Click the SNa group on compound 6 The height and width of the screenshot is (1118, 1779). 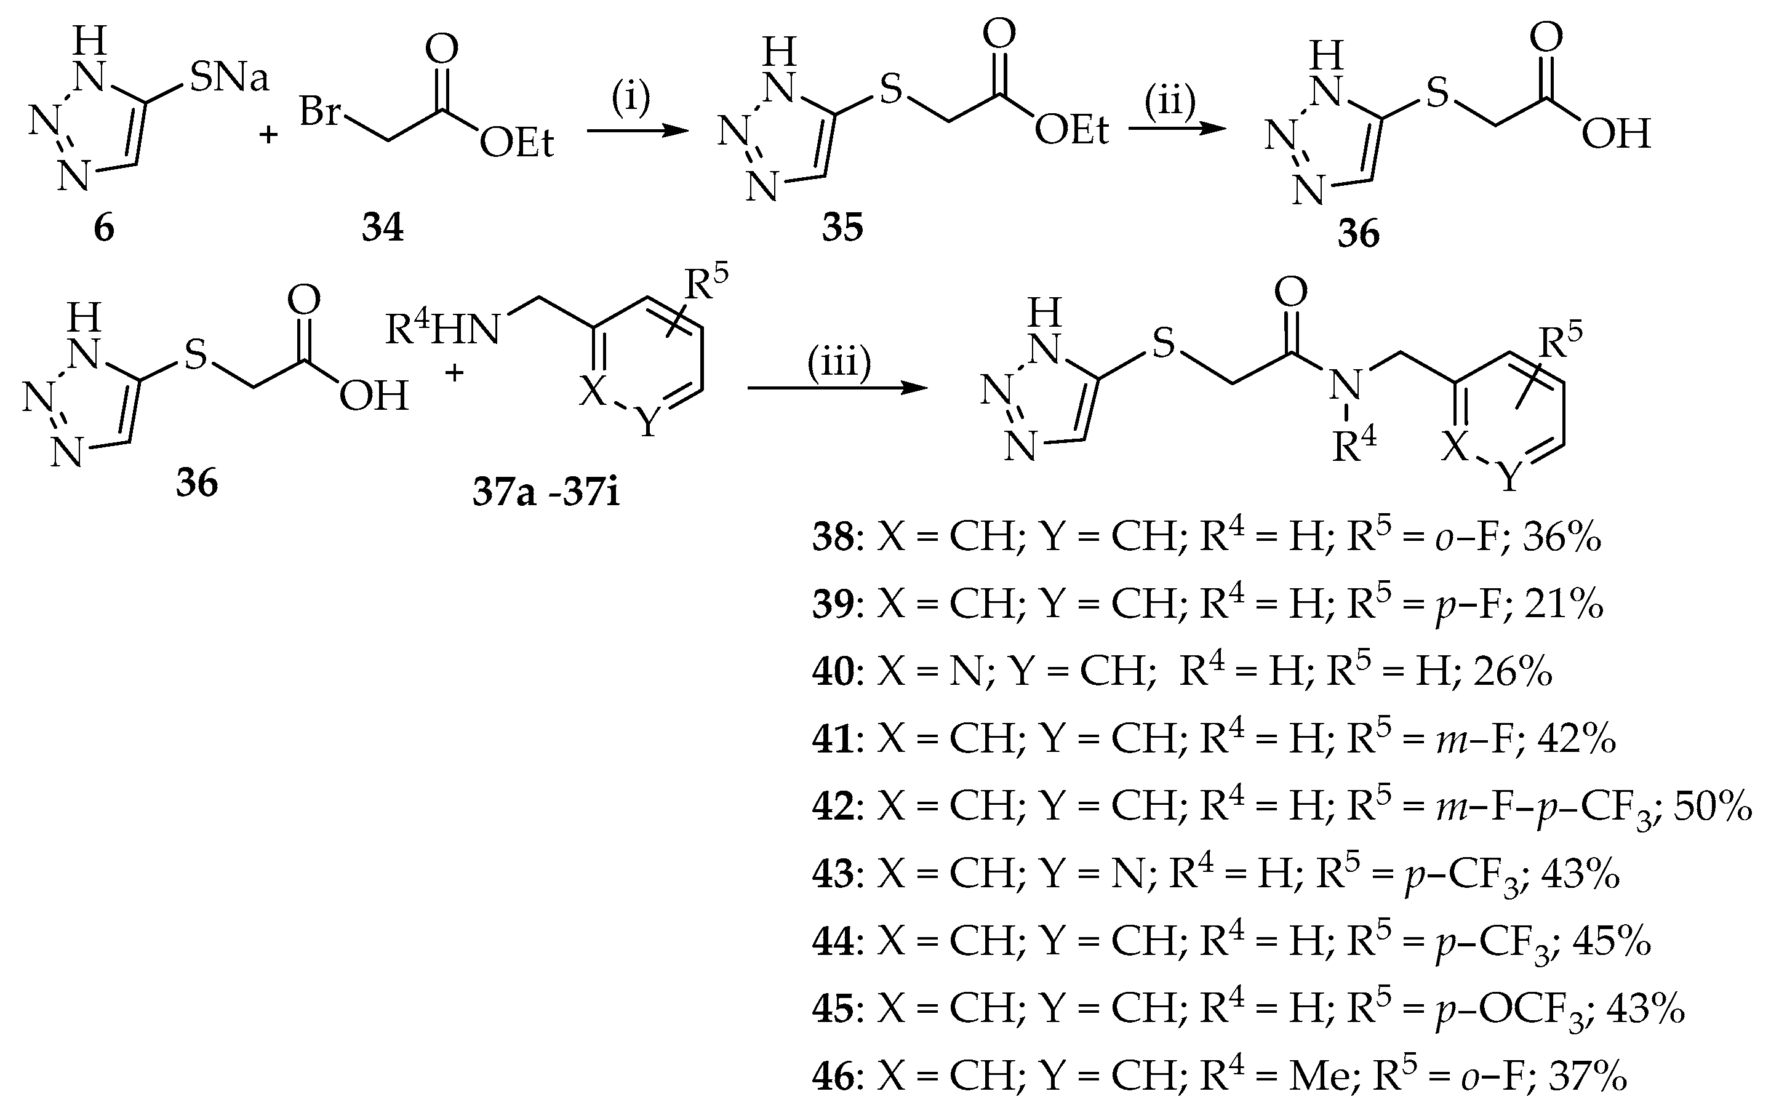pyautogui.click(x=229, y=78)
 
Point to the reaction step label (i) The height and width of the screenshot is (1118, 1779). pyautogui.click(x=630, y=98)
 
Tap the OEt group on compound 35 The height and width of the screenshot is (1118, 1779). pyautogui.click(x=1071, y=131)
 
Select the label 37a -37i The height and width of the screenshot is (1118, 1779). pyautogui.click(x=546, y=493)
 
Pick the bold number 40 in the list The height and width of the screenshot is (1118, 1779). pyautogui.click(x=833, y=673)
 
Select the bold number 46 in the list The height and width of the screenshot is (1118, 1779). pyautogui.click(x=833, y=1077)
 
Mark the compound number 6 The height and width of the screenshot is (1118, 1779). pyautogui.click(x=103, y=228)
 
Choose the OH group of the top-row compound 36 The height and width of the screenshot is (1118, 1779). pyautogui.click(x=1616, y=135)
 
